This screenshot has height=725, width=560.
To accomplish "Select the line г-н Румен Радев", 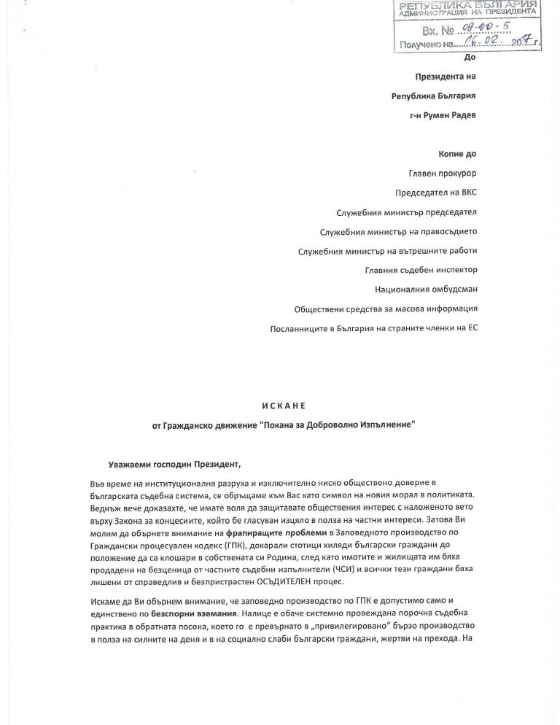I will (x=443, y=116).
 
